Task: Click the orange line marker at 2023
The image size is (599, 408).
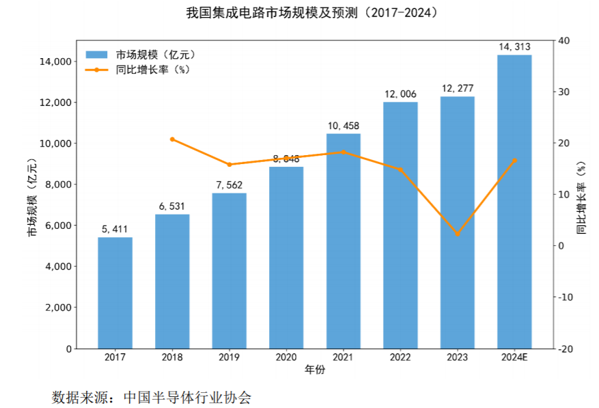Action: tap(457, 234)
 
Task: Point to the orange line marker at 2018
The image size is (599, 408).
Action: tap(172, 139)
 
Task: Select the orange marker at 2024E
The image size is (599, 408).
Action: tap(514, 161)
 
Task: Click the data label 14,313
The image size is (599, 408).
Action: tap(514, 46)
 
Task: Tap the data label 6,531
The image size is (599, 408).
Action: tap(172, 206)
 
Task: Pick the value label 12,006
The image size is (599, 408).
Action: tap(400, 94)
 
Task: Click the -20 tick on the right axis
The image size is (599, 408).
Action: tap(566, 349)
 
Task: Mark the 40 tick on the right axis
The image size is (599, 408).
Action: tap(564, 41)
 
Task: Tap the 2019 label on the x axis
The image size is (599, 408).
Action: tap(229, 357)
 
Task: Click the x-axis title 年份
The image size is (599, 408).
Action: tap(314, 370)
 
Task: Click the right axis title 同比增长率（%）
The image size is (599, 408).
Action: tap(581, 198)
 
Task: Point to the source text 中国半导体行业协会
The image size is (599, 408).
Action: tap(187, 397)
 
